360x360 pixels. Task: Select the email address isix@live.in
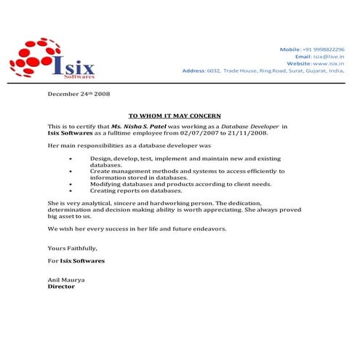click(329, 56)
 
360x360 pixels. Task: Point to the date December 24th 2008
click(79, 94)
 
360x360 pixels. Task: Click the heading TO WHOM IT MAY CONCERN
click(175, 116)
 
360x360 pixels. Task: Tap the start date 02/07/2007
click(208, 133)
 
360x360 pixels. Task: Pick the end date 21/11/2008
click(247, 133)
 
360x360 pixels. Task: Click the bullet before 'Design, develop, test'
click(70, 158)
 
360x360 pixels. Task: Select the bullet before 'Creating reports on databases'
click(70, 190)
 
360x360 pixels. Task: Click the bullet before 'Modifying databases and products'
click(70, 184)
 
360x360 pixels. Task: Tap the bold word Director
click(61, 287)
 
